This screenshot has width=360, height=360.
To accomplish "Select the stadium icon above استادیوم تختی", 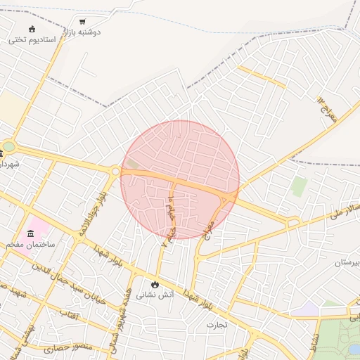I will click(31, 29).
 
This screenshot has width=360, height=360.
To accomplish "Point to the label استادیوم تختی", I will click(32, 40).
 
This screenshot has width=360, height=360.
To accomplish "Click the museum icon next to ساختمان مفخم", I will click(30, 233).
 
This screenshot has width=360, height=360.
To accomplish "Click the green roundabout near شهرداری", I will click(8, 147).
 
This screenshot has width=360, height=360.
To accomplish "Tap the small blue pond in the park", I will click(354, 349).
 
